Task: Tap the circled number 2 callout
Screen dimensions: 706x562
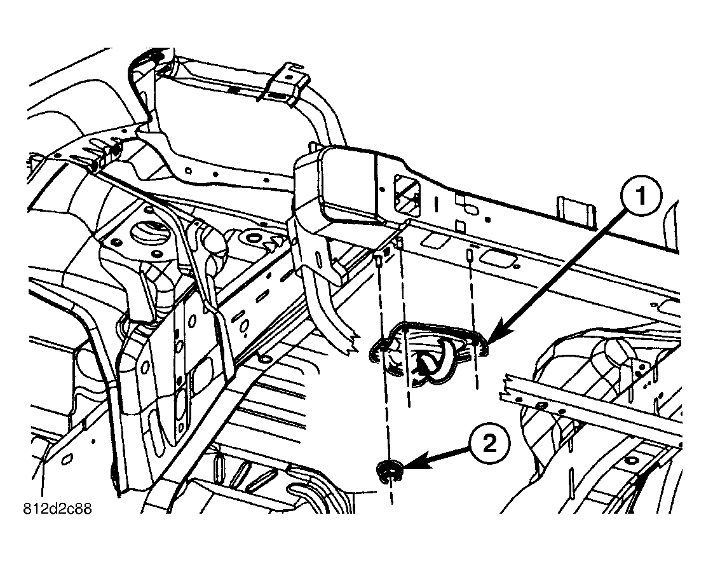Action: [x=490, y=446]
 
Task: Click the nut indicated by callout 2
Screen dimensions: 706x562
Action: [x=388, y=471]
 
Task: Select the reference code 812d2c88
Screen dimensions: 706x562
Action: [x=58, y=509]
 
